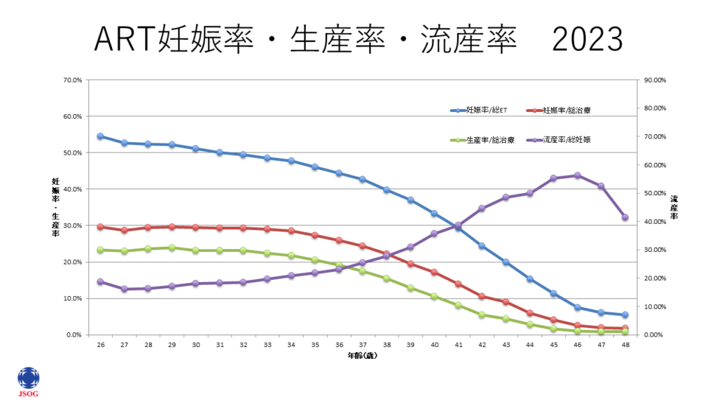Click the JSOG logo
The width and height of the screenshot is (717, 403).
(x=29, y=381)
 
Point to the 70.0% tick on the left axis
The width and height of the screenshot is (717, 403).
(x=72, y=80)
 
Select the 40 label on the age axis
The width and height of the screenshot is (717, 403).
(x=434, y=345)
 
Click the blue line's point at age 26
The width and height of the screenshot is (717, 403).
(x=100, y=136)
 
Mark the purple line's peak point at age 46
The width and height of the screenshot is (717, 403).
(x=578, y=176)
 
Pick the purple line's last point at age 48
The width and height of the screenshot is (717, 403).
(x=625, y=218)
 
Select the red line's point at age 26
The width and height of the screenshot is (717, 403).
(x=100, y=227)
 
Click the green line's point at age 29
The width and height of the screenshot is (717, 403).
(x=172, y=248)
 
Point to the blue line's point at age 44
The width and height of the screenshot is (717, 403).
(x=530, y=279)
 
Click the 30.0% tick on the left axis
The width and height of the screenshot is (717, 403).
(x=72, y=225)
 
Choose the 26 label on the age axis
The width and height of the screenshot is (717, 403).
(x=100, y=345)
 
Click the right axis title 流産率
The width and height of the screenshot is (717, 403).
(x=674, y=207)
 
